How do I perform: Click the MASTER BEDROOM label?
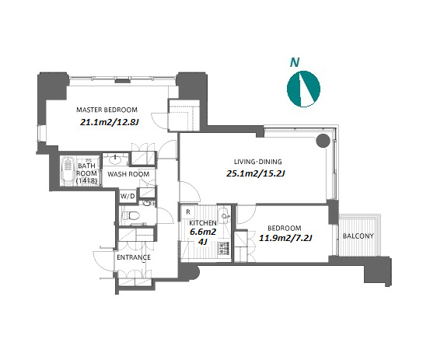tap(107, 110)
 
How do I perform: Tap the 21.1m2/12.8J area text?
tap(110, 122)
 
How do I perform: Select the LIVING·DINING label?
tap(257, 162)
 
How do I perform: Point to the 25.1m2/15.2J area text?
tap(256, 173)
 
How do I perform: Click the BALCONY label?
tap(358, 236)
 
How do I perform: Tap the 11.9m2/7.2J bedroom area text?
tap(285, 238)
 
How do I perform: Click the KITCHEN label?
tap(203, 223)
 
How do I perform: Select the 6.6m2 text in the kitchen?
tap(203, 232)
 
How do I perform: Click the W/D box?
tap(128, 196)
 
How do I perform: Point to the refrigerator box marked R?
tap(188, 212)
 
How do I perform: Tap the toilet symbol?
tap(131, 215)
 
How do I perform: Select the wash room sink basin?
tap(115, 160)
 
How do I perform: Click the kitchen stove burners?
tap(223, 248)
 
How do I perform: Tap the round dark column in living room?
tap(323, 141)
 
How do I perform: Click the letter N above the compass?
tap(295, 62)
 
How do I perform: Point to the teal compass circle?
tap(303, 89)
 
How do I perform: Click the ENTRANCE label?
tap(134, 257)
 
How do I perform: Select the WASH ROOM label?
tap(128, 174)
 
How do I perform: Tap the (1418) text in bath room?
tap(86, 181)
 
